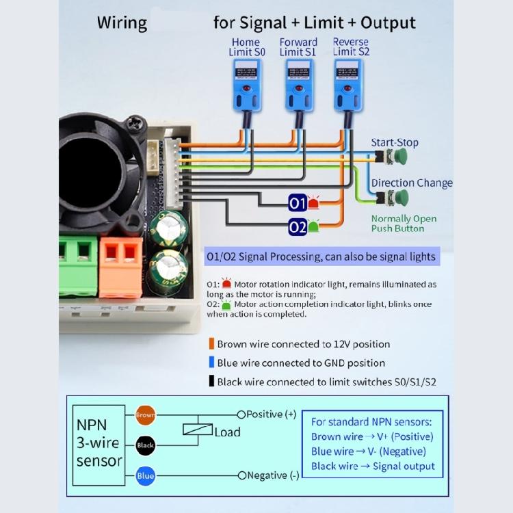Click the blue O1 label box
pos(297,203)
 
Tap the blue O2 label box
pos(297,226)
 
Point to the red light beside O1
pos(314,203)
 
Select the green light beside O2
pos(314,226)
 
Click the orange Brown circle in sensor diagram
pos(145,415)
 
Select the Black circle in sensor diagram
pos(145,445)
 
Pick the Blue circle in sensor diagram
pos(145,475)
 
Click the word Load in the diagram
pos(227,432)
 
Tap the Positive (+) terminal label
pos(271,415)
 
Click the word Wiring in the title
pos(122,23)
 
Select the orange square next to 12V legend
pos(211,344)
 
